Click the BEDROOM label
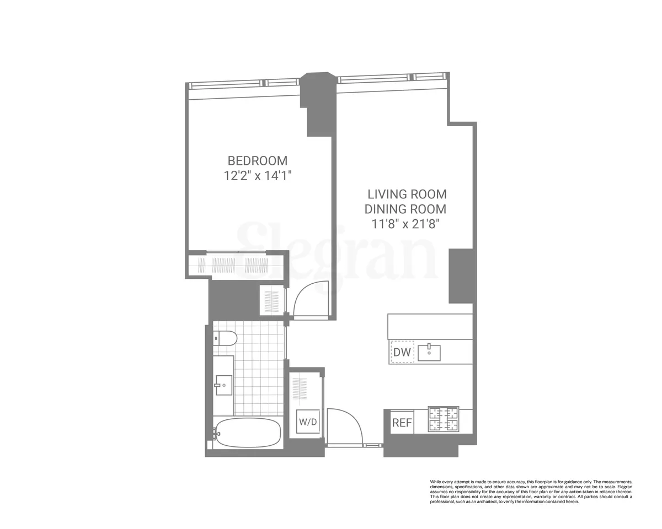click(258, 161)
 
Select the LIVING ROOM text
click(407, 195)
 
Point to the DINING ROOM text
click(405, 209)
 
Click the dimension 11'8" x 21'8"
click(405, 224)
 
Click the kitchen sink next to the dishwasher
click(429, 352)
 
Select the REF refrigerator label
click(402, 423)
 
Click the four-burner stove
click(444, 419)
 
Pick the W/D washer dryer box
click(308, 422)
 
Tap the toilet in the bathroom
click(225, 338)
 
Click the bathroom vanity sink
click(223, 385)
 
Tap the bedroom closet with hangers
click(236, 266)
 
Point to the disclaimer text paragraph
click(531, 492)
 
